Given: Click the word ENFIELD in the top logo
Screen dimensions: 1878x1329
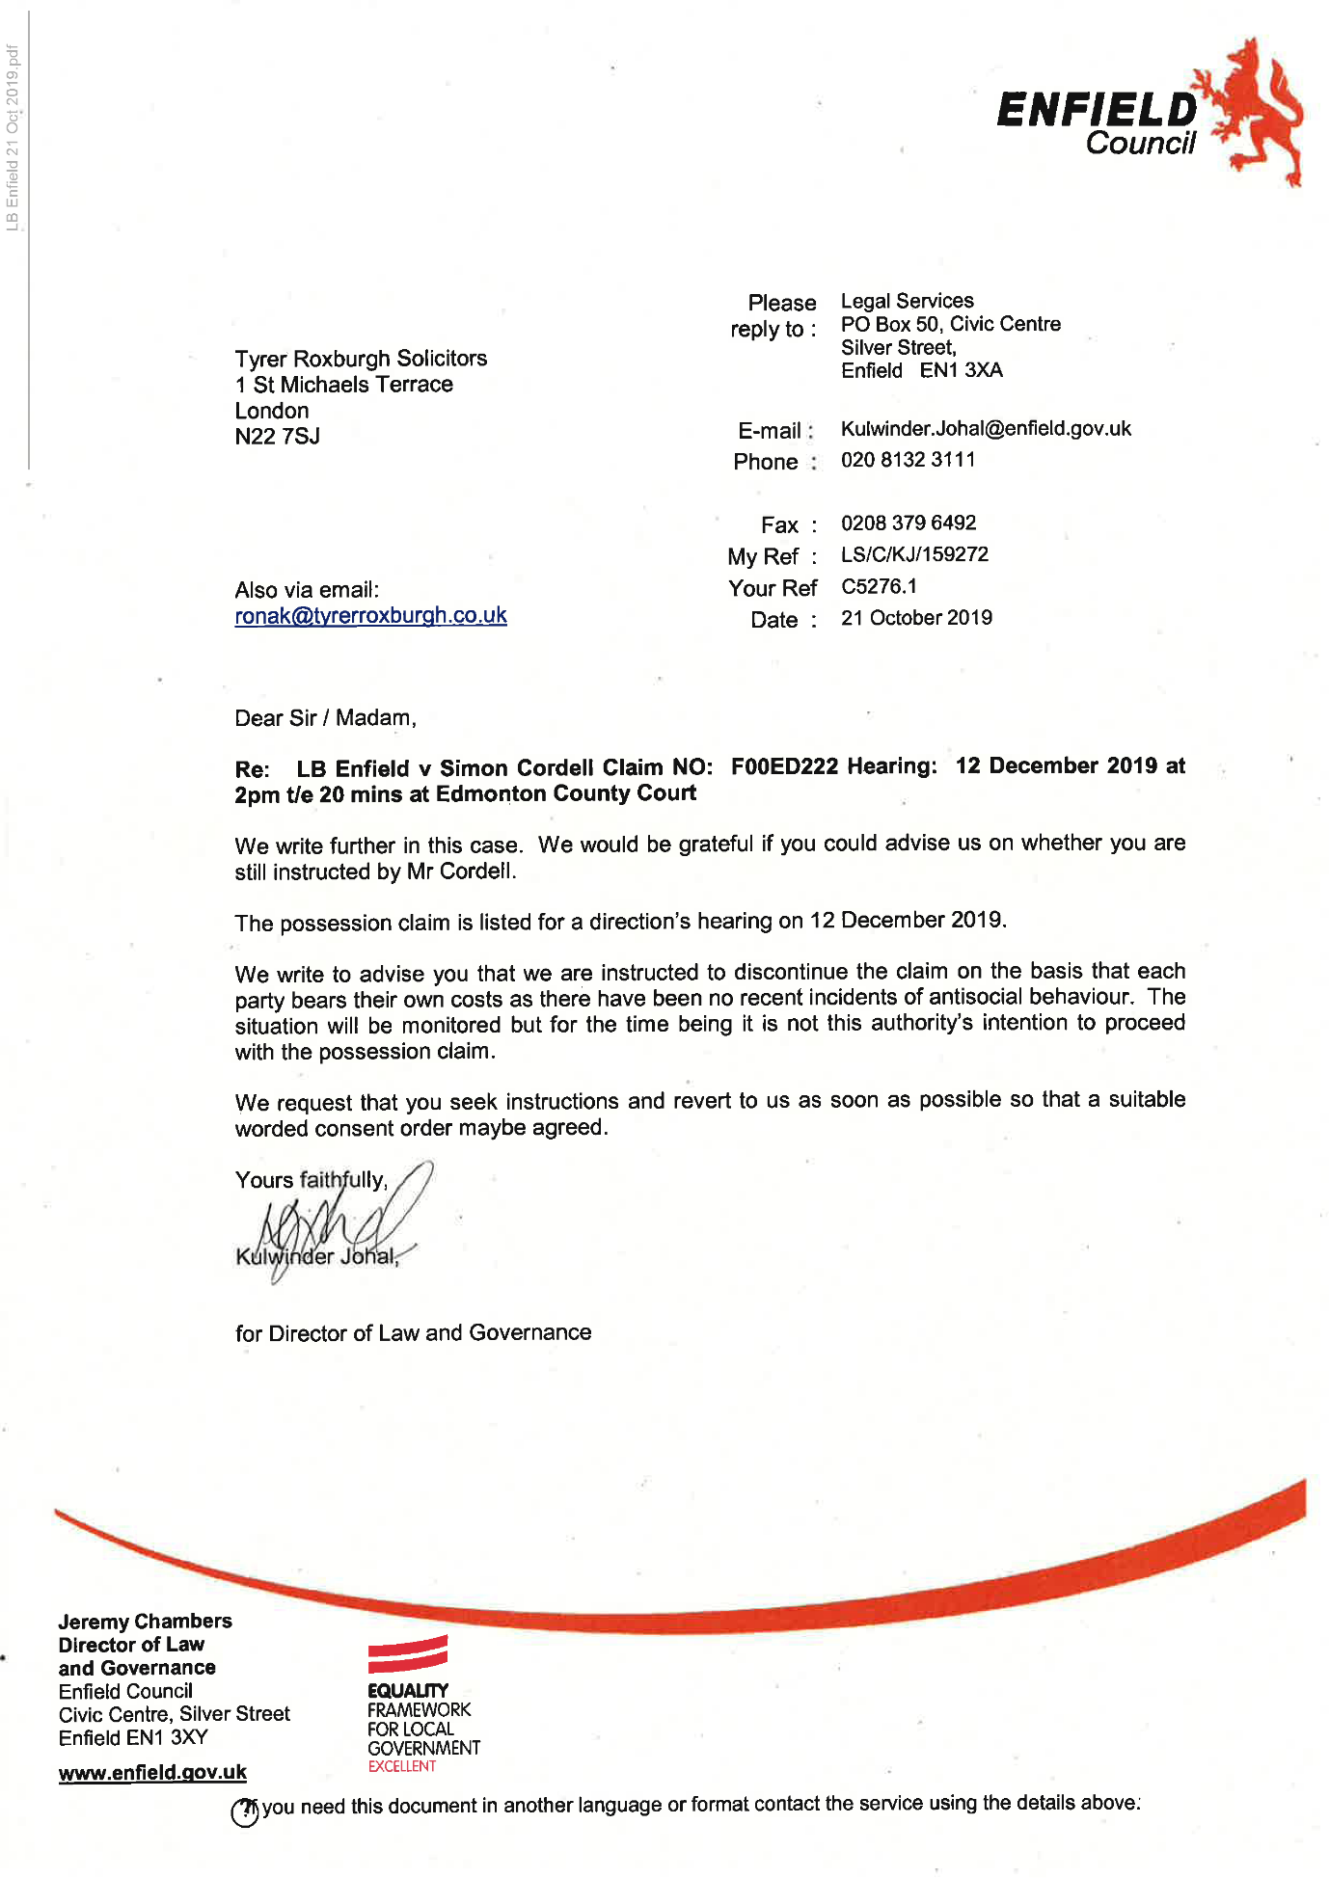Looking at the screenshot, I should pos(1096,110).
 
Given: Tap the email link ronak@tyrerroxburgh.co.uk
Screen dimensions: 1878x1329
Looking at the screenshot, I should pos(370,616).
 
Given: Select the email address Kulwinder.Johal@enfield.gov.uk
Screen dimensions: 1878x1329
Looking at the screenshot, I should pos(986,429).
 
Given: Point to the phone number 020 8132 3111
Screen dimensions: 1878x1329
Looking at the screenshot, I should pos(908,460).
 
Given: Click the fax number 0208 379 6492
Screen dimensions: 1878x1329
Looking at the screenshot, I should pos(909,523).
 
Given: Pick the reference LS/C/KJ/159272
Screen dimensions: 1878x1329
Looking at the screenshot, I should pos(914,555).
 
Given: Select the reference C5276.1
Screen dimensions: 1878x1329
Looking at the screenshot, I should pos(879,587).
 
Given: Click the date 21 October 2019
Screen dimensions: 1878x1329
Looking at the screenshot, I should pos(916,618).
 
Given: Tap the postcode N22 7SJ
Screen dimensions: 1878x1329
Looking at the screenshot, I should pos(277,437).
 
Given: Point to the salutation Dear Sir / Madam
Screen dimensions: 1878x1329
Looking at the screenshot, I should pos(325,718).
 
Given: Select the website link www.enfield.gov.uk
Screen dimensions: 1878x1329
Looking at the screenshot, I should pos(152,1773).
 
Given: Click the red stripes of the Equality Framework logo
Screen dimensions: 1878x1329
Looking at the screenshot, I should pos(407,1654).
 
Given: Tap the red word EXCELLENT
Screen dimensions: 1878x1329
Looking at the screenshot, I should pos(401,1766).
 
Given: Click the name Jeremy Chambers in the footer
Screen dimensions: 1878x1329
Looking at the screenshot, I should pos(145,1622).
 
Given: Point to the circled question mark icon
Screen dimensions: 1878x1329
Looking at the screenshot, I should pos(245,1812).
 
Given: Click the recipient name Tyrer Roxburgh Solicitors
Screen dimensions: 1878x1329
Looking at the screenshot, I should pos(361,359).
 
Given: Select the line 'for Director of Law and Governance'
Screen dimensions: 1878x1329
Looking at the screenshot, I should pos(413,1333).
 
